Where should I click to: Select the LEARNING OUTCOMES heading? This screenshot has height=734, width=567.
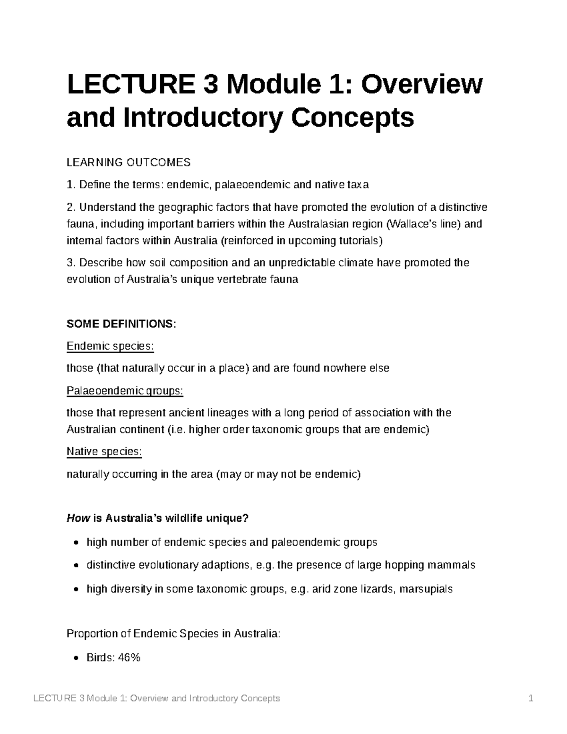click(129, 163)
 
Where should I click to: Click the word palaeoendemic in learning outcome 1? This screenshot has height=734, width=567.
click(253, 185)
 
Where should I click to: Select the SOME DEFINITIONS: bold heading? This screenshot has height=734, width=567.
click(121, 324)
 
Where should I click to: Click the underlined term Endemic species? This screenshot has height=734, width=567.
click(110, 346)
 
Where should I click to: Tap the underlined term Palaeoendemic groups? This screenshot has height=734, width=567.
click(125, 391)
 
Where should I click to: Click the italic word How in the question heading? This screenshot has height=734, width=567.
click(77, 518)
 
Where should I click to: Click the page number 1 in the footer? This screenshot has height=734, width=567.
click(531, 699)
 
